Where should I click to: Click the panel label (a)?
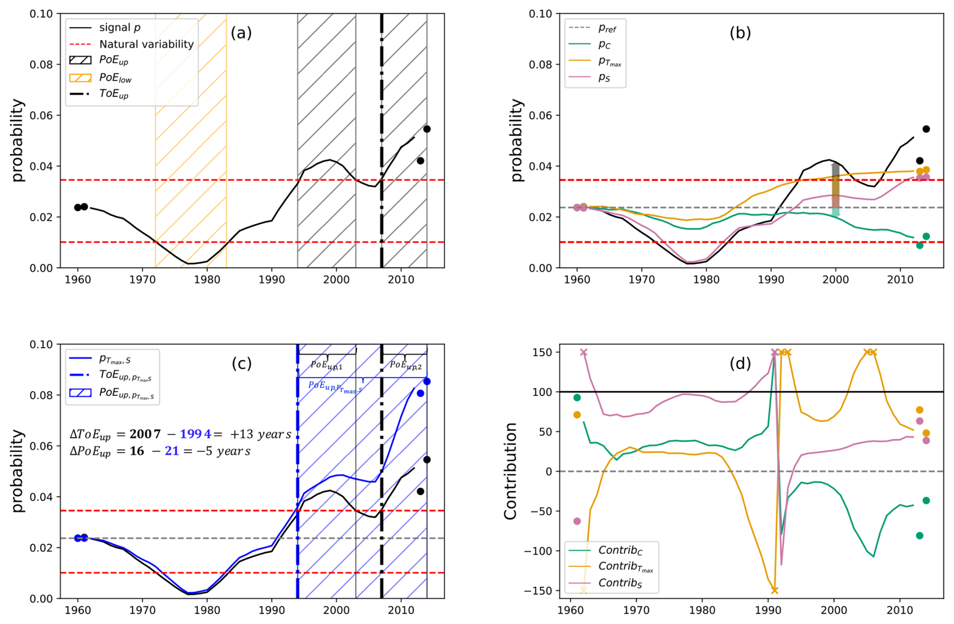tap(241, 33)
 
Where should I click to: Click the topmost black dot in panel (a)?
tap(427, 129)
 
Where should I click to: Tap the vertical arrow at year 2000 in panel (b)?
tap(836, 189)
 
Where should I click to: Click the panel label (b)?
tap(740, 33)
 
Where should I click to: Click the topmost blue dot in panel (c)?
tap(427, 382)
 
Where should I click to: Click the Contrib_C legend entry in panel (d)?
tap(620, 550)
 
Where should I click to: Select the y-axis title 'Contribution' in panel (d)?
tap(510, 471)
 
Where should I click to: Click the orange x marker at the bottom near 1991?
tap(774, 590)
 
